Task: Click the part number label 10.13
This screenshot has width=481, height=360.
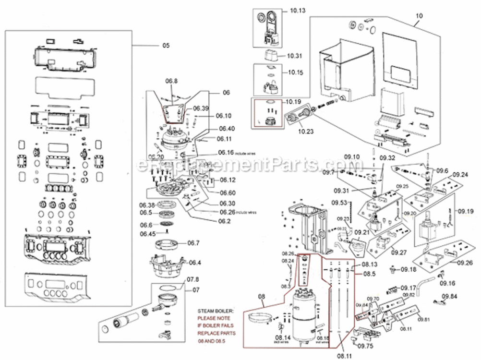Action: click(x=297, y=10)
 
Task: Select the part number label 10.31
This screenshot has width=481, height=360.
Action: click(x=295, y=56)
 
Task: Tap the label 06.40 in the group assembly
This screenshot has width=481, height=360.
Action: click(x=227, y=129)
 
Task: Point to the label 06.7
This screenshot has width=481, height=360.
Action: click(x=193, y=243)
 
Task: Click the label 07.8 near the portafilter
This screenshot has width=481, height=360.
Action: click(x=192, y=279)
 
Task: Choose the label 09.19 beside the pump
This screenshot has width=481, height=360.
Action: click(x=466, y=210)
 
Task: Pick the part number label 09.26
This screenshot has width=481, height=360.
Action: click(x=465, y=263)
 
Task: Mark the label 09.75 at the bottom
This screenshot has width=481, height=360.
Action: click(x=366, y=346)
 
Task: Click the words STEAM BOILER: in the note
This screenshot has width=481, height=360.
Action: click(x=214, y=311)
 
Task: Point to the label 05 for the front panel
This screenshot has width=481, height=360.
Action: click(x=166, y=46)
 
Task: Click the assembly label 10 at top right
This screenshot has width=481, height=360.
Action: click(x=419, y=15)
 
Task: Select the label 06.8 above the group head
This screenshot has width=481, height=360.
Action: click(x=171, y=81)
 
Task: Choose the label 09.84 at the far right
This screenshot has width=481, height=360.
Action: click(x=450, y=296)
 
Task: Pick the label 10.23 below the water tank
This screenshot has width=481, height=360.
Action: click(x=293, y=130)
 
